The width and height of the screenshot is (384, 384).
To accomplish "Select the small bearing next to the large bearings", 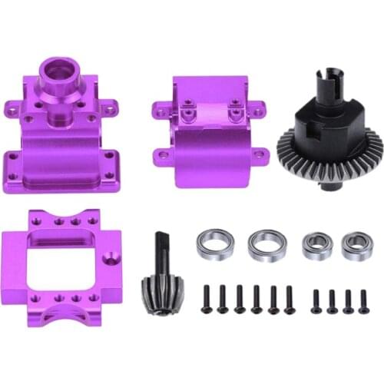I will point(314,244).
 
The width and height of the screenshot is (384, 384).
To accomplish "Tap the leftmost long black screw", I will point(206,300).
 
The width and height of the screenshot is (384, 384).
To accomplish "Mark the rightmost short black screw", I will point(363,300).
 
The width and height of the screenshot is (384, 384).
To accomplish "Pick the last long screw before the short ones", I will point(290,300).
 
